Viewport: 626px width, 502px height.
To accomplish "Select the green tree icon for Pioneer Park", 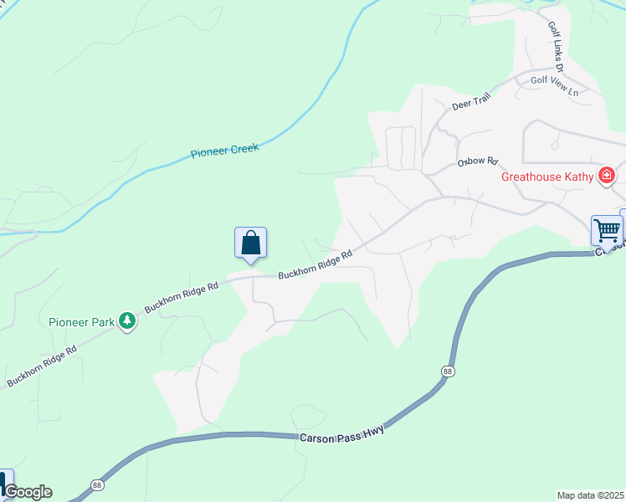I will pyautogui.click(x=126, y=320).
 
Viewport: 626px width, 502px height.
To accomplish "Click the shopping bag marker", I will pyautogui.click(x=250, y=243).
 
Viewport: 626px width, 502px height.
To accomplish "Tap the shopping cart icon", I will pyautogui.click(x=607, y=229).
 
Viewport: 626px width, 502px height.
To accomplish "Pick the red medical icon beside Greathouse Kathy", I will pyautogui.click(x=606, y=176).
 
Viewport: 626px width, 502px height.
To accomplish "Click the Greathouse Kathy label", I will pyautogui.click(x=547, y=177).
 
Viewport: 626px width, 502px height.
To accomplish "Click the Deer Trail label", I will pyautogui.click(x=469, y=104).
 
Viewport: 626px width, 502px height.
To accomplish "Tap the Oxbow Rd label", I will pyautogui.click(x=478, y=160).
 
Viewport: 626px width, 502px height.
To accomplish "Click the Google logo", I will pyautogui.click(x=28, y=492).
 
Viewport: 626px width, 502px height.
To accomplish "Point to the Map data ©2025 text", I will pyautogui.click(x=590, y=495).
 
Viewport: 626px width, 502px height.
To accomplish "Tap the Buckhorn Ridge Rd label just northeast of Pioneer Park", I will pyautogui.click(x=181, y=296).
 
